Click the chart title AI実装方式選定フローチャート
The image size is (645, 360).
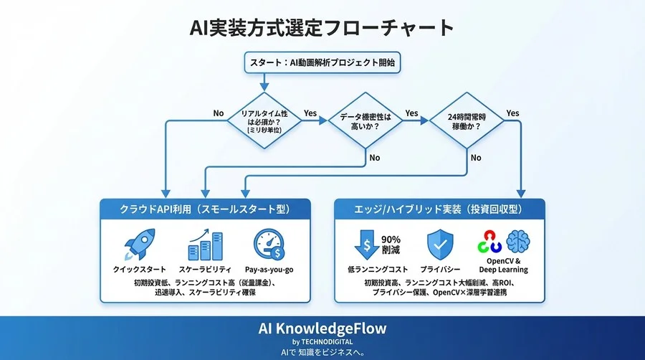tap(322, 28)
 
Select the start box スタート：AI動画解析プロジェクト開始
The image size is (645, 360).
tap(322, 62)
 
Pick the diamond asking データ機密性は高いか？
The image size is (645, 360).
tap(365, 120)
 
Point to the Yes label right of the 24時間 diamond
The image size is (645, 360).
tap(512, 113)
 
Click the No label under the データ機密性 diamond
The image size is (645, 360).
tap(373, 157)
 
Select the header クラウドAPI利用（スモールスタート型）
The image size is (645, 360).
tap(205, 209)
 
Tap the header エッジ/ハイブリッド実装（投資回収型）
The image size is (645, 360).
tap(439, 209)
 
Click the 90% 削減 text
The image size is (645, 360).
tap(390, 245)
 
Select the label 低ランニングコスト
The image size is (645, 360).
tap(371, 270)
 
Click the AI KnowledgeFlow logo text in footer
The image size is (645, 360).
tap(322, 328)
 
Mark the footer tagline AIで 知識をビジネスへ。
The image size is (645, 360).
tap(322, 352)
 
